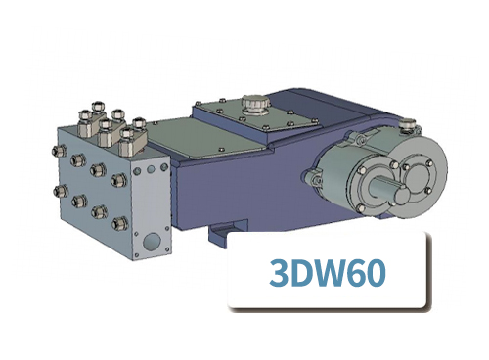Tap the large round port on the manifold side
[149, 239]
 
